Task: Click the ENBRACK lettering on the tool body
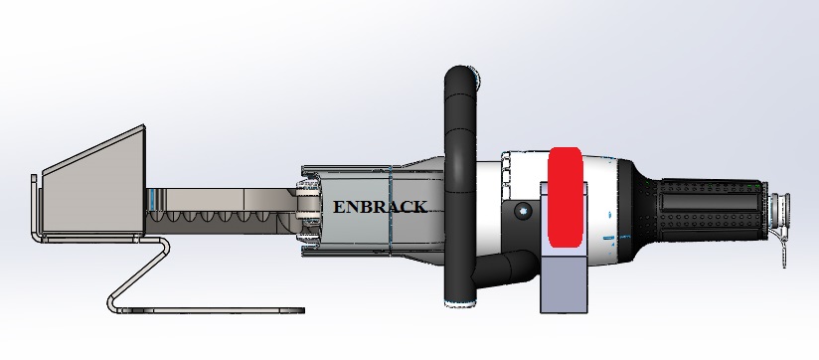380,207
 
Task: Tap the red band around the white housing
566,197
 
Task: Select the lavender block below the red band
564,284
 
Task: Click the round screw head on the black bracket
523,211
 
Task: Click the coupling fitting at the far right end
779,207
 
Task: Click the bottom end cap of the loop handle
460,303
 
